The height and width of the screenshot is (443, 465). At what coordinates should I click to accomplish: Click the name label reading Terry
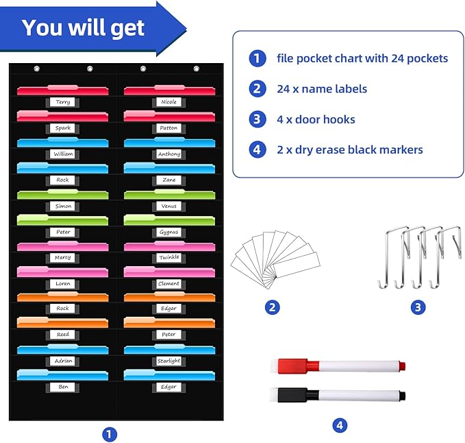63,102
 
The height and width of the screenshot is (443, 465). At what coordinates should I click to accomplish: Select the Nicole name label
168,102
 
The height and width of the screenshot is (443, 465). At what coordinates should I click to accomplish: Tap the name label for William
63,154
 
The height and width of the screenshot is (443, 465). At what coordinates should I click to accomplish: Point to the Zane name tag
168,180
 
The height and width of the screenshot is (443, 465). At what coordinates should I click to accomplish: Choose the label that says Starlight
168,361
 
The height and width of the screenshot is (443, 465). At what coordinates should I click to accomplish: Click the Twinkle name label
168,257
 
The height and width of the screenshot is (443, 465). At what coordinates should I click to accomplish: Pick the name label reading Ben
63,387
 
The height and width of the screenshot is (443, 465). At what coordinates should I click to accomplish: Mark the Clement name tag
168,283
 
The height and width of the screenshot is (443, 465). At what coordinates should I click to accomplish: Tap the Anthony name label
168,154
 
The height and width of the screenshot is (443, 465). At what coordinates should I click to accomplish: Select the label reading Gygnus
168,232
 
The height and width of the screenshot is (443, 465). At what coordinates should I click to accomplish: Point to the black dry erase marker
342,395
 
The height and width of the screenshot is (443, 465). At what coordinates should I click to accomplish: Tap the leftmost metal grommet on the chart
37,69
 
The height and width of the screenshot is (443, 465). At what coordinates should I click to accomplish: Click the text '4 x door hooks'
316,119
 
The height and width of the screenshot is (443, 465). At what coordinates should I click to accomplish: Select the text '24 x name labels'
322,88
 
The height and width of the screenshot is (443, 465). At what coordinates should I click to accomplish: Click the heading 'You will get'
83,27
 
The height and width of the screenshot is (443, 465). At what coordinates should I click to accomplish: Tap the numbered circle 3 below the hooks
418,307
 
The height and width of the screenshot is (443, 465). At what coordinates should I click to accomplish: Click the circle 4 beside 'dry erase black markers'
257,149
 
